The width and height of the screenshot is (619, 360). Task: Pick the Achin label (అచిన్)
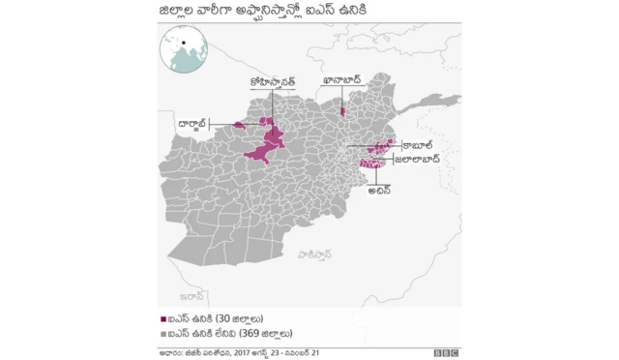coord(380,191)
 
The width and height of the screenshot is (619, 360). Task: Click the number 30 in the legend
coord(223,318)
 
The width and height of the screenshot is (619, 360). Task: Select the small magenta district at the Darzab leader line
coord(238,124)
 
